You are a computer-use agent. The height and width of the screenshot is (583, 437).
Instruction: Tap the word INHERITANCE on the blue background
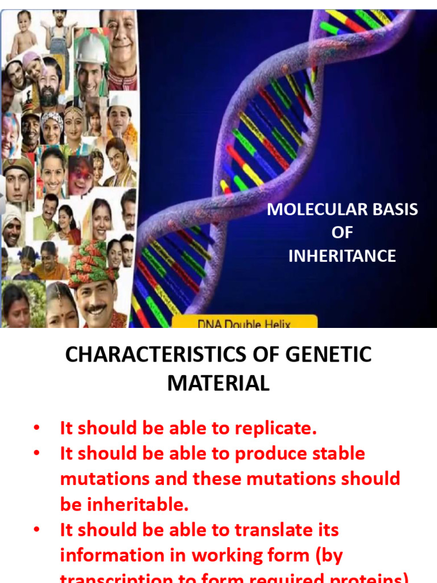pyautogui.click(x=342, y=256)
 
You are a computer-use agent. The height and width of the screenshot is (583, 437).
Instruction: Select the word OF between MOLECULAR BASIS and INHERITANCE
pyautogui.click(x=342, y=233)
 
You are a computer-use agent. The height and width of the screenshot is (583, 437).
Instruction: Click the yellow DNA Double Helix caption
pyautogui.click(x=244, y=323)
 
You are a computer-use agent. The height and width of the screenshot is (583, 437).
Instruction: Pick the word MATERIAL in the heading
pyautogui.click(x=218, y=383)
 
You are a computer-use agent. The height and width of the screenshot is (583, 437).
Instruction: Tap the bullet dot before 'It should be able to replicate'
pyautogui.click(x=37, y=428)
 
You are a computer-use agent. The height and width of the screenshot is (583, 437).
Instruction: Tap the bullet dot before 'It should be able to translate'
pyautogui.click(x=37, y=530)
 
